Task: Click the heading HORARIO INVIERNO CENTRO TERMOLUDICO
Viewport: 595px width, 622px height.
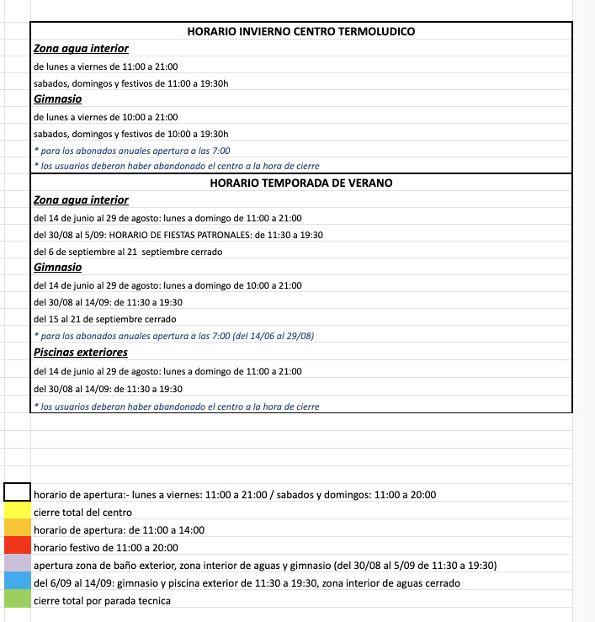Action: (x=301, y=31)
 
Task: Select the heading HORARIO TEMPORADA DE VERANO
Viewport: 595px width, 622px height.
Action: (x=301, y=183)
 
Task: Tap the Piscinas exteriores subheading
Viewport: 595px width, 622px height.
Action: (x=81, y=352)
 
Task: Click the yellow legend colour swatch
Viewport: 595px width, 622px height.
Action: (x=18, y=511)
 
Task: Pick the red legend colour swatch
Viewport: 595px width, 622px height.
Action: (x=18, y=547)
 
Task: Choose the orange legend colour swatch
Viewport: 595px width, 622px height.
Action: (x=18, y=529)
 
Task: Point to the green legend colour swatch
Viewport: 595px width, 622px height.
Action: (x=18, y=600)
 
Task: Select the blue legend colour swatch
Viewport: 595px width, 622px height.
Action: (x=18, y=582)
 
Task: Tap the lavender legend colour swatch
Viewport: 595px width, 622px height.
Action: (x=18, y=565)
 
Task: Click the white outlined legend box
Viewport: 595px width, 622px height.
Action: (x=18, y=493)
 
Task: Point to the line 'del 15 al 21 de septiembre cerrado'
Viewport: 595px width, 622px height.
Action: (x=104, y=319)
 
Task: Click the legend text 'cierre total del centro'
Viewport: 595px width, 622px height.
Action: (x=82, y=512)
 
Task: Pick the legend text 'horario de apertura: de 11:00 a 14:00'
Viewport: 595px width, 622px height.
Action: (x=119, y=529)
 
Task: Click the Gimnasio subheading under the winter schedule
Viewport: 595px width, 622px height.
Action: (x=58, y=99)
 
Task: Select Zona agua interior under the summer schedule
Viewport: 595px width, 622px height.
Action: (x=82, y=200)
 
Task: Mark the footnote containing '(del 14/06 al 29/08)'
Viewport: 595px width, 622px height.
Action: (x=173, y=336)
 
